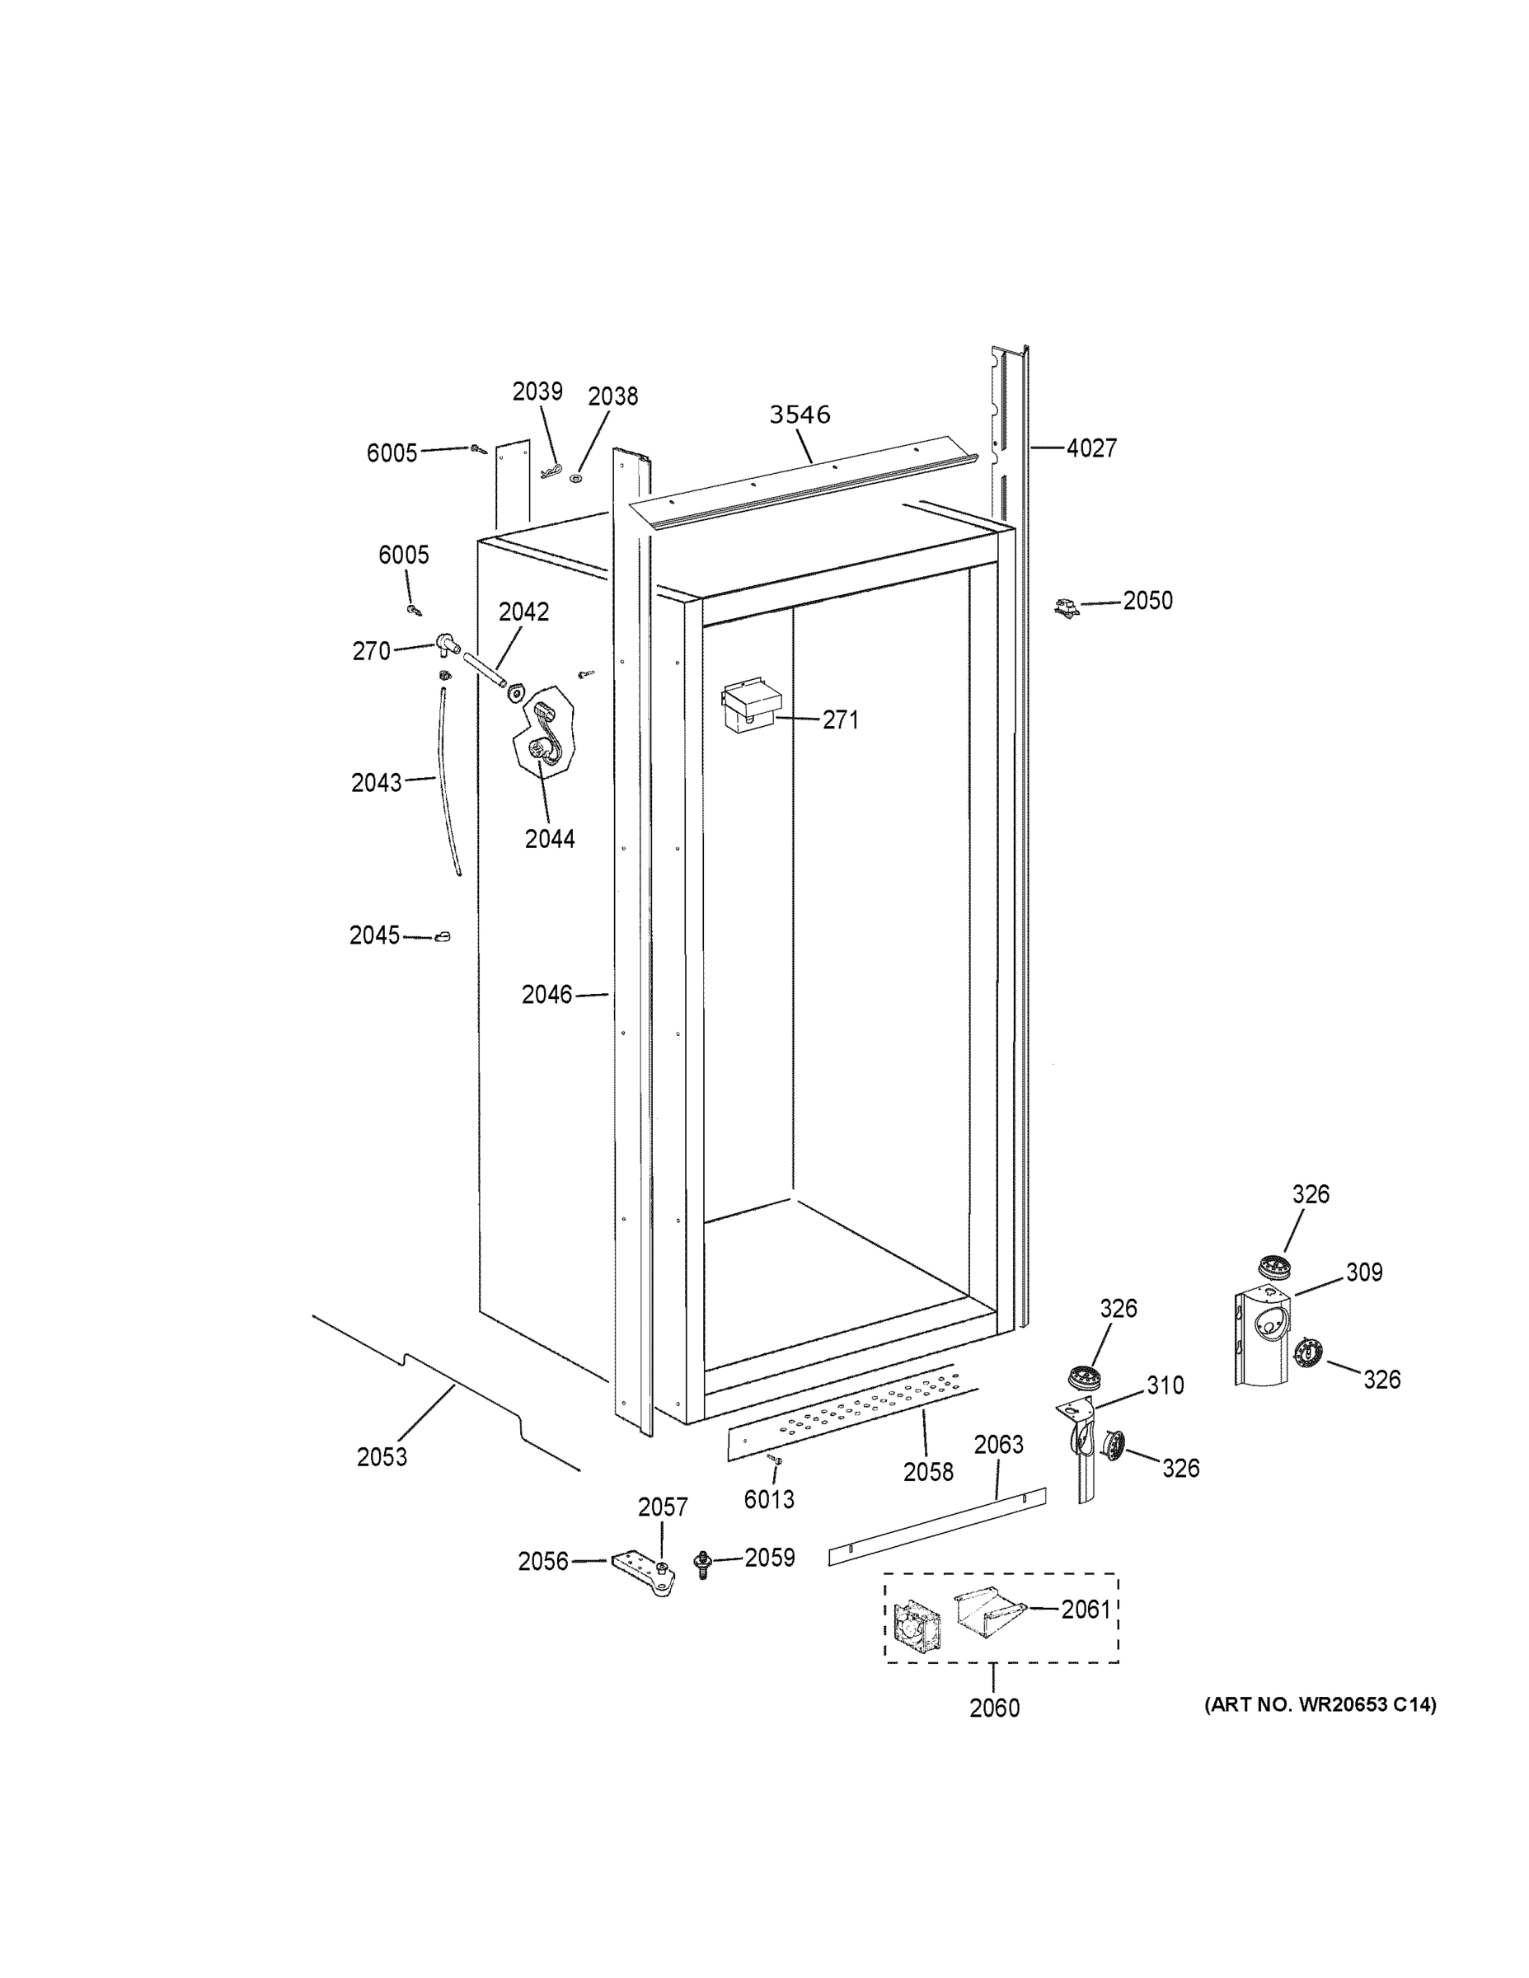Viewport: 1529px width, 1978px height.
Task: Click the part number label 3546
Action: (x=800, y=415)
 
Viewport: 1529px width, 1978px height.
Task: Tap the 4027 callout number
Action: (x=1091, y=448)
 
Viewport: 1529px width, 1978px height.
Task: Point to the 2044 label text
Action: (x=550, y=840)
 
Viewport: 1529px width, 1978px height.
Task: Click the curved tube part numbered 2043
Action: (x=449, y=779)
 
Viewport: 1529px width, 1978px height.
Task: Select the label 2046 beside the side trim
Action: (x=547, y=995)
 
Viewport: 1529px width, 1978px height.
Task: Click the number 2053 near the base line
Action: (x=382, y=1457)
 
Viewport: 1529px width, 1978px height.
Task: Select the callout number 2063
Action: (x=998, y=1445)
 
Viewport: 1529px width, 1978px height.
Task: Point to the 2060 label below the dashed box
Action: (x=994, y=1708)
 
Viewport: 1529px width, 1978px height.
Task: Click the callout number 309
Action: (x=1363, y=1273)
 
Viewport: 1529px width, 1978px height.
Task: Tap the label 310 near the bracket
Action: (x=1165, y=1385)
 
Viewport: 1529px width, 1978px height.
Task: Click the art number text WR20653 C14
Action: (x=1320, y=1705)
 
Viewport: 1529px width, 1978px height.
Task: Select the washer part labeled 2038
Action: (x=576, y=476)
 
